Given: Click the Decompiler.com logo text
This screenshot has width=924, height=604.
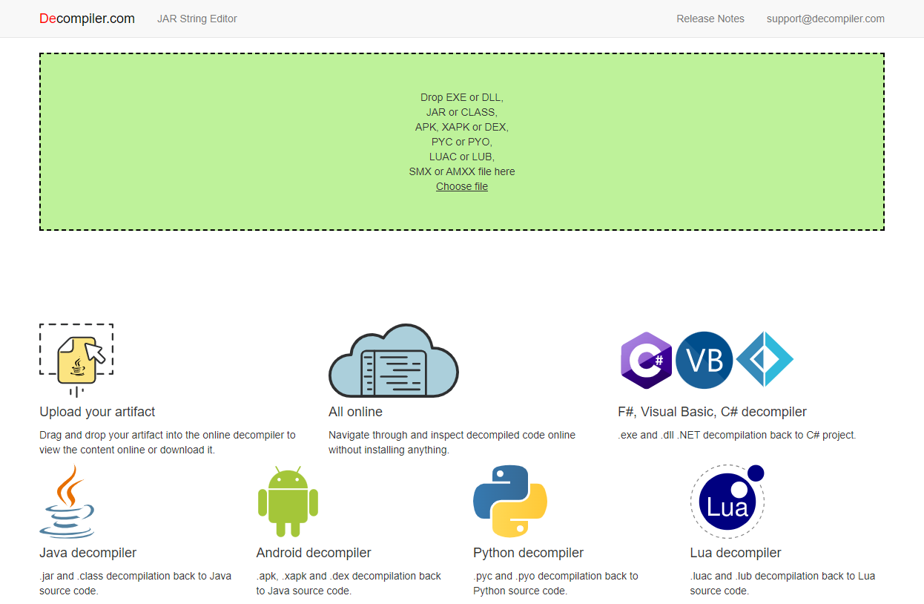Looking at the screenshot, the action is [87, 19].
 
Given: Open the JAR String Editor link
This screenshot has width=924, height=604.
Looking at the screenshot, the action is [197, 19].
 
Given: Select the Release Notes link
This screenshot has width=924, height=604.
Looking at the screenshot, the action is [710, 19].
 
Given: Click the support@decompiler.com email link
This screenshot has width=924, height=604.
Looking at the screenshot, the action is [825, 19].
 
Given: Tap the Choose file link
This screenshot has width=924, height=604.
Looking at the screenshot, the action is [462, 186].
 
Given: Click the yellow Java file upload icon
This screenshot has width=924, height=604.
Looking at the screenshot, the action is [76, 360].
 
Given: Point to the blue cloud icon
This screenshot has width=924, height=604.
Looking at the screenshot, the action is [394, 361].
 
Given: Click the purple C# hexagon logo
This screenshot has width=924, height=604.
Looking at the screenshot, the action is [646, 360].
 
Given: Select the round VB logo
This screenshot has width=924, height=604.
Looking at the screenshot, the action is [704, 360].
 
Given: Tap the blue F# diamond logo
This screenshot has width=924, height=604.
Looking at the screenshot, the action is [765, 359].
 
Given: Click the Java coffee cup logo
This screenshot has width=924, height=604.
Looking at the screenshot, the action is [67, 501].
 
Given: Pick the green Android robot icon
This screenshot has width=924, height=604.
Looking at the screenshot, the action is [288, 502].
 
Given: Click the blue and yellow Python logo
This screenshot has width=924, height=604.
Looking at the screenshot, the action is [510, 501].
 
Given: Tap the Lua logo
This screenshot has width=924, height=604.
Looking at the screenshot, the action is [727, 501].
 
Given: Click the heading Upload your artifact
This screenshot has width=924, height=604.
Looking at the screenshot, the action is [97, 412].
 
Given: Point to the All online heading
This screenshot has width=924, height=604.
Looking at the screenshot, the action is [355, 412].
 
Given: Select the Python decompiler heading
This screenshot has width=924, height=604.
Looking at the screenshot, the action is [529, 552].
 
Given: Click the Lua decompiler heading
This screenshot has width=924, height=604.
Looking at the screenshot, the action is [736, 552].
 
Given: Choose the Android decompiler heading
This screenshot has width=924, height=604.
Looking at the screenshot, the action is [314, 552].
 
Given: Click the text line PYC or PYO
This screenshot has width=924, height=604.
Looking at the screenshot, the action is [462, 142].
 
